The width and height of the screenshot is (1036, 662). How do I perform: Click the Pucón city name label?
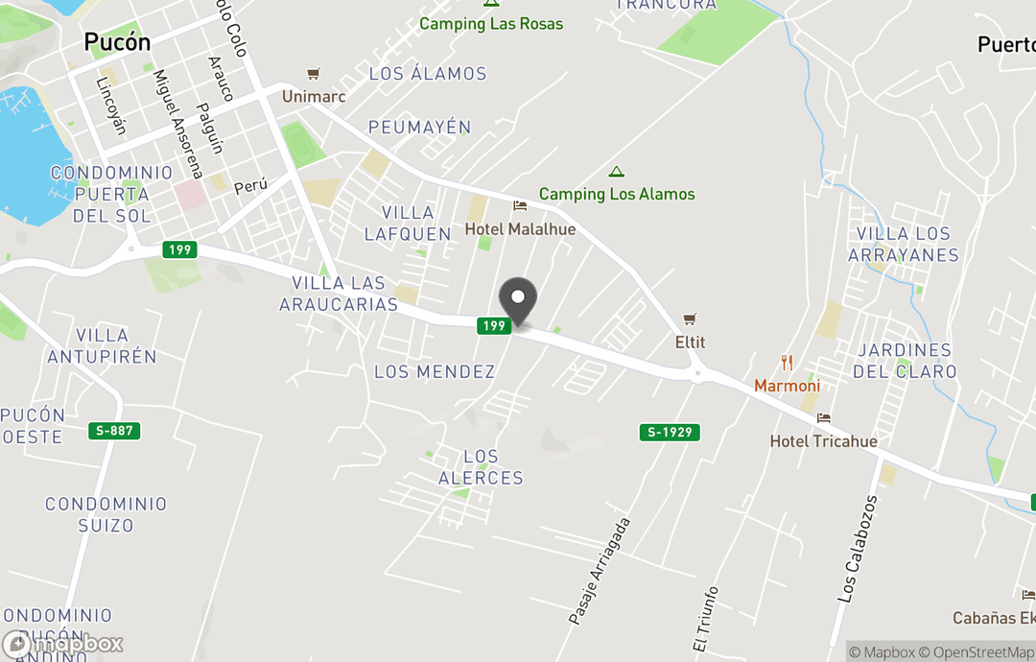(x=117, y=42)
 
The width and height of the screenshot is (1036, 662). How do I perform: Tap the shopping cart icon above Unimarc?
(x=313, y=74)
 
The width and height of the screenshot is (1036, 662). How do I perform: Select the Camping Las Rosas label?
(x=491, y=23)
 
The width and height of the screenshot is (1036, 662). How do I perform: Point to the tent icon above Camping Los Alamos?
(x=617, y=172)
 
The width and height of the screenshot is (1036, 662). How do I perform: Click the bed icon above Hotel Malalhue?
(x=520, y=206)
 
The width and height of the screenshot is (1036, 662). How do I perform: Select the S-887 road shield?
(x=115, y=431)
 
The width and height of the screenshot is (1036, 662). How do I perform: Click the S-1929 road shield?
(x=670, y=433)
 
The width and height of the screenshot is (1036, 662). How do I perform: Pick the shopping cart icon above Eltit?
(x=690, y=319)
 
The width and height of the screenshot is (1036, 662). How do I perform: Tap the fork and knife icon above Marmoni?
(x=787, y=363)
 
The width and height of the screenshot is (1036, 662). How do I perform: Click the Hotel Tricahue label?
(x=823, y=441)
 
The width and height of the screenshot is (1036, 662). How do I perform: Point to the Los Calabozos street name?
(x=858, y=549)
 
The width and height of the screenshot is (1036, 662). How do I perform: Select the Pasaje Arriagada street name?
(x=600, y=572)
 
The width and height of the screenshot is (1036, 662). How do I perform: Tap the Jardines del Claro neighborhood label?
(x=906, y=361)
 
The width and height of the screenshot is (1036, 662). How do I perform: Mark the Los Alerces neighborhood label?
(x=481, y=467)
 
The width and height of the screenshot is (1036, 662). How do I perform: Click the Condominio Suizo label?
(x=106, y=514)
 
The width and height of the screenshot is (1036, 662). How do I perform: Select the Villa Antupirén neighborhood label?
(x=102, y=345)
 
